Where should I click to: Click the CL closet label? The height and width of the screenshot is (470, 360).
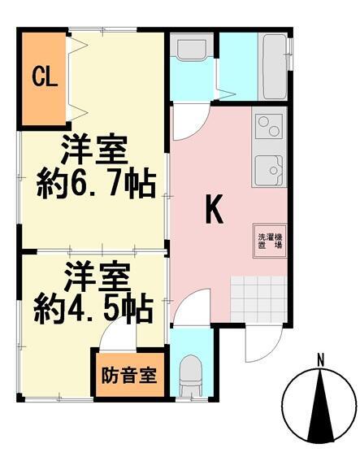45,77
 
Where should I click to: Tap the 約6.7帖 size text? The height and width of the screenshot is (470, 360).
96,185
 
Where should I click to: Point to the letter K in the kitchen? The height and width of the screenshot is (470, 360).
215,209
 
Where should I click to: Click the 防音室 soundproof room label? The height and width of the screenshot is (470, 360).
129,376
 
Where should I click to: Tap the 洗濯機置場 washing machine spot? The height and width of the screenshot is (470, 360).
270,241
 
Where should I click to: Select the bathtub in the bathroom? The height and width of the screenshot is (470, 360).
275,66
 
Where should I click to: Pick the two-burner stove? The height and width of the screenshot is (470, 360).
269,126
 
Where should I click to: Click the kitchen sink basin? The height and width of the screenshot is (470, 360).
269,170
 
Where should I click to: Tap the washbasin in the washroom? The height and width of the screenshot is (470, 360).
192,48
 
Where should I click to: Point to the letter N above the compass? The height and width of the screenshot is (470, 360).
321,360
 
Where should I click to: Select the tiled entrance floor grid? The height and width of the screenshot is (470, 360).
258,299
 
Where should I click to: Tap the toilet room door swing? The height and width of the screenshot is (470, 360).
192,307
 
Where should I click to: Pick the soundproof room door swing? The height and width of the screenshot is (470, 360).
117,333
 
